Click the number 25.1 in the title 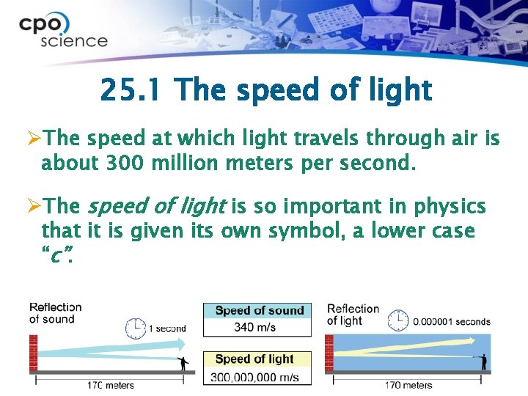(x=132, y=91)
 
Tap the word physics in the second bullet (x=447, y=207)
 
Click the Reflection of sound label (x=55, y=312)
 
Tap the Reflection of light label (x=353, y=314)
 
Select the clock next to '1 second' (x=136, y=328)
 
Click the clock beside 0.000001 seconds (x=397, y=320)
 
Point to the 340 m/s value (x=255, y=327)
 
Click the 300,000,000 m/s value (x=256, y=376)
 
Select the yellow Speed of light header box (x=256, y=359)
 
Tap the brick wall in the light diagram (x=329, y=353)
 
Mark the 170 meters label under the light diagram (x=409, y=384)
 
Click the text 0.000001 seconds (x=452, y=321)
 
